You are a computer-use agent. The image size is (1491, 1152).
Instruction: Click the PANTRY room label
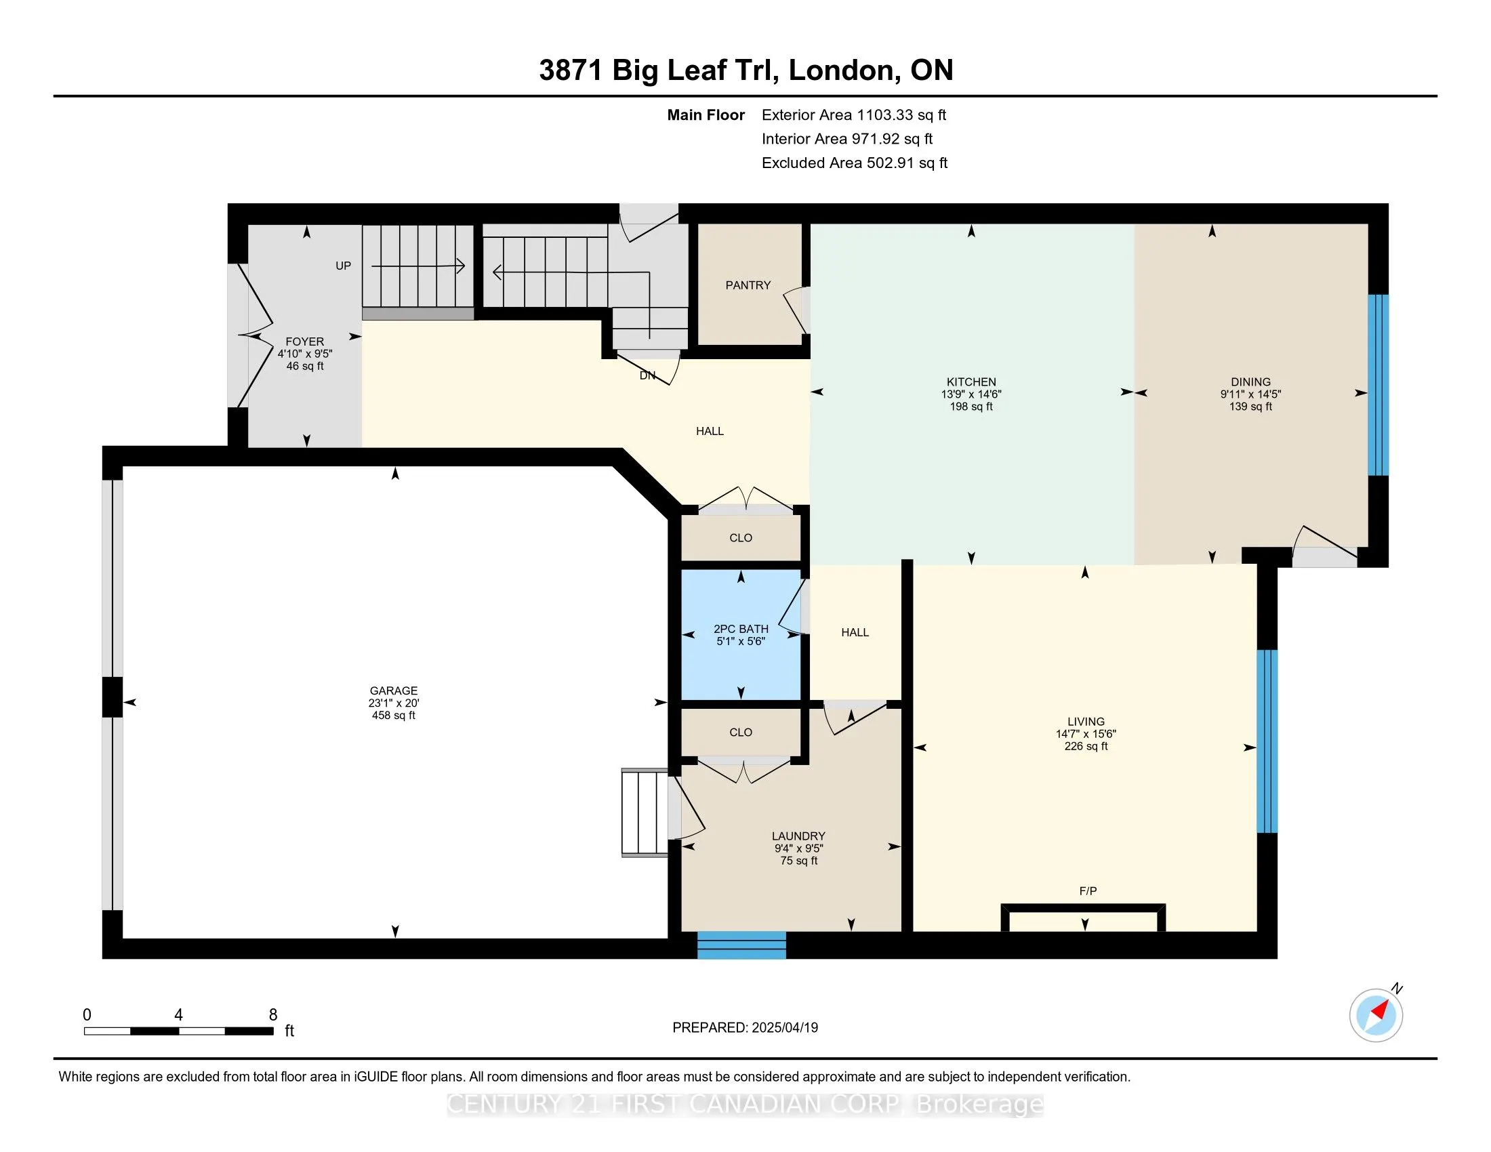[x=748, y=285]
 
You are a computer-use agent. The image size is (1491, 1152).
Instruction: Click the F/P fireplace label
[x=1088, y=890]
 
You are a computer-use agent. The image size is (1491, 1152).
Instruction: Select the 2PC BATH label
[x=741, y=629]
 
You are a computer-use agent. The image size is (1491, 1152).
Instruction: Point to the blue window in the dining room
[x=1378, y=385]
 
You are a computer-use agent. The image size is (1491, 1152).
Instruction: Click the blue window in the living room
[x=1267, y=741]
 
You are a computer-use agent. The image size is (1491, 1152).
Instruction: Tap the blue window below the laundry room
[x=741, y=945]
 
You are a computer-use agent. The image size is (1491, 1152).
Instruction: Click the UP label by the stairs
[x=343, y=266]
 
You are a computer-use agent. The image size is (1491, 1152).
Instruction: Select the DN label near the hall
[x=647, y=375]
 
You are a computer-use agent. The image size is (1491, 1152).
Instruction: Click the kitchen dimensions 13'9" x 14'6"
[x=971, y=394]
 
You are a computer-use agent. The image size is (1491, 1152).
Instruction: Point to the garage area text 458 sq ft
[x=393, y=715]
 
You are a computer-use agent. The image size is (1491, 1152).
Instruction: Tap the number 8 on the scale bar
[x=273, y=1015]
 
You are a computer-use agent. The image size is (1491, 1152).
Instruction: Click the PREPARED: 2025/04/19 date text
[x=745, y=1028]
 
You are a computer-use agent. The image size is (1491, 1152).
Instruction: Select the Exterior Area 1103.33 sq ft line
[x=854, y=115]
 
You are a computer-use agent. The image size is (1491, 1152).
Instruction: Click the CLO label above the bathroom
[x=741, y=538]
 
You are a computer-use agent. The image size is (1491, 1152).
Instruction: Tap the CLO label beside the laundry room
[x=741, y=733]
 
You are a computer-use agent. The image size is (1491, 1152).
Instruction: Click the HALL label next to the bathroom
[x=855, y=633]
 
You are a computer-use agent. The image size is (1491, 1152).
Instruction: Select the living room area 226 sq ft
[x=1086, y=746]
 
